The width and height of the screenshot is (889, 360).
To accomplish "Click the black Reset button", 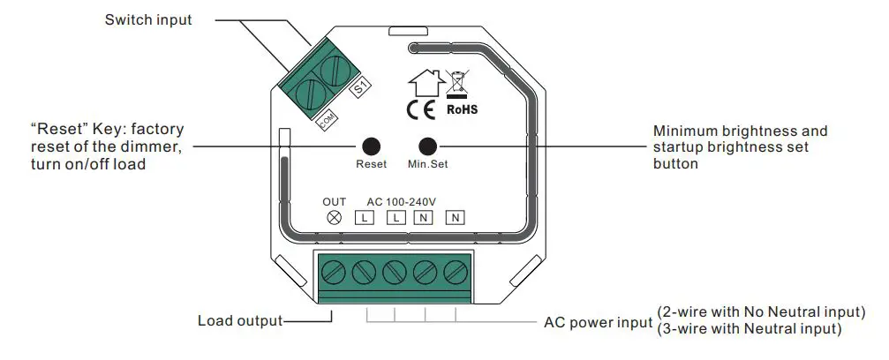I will pos(371,146).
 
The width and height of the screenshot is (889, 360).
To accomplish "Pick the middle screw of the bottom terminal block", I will pos(395,272).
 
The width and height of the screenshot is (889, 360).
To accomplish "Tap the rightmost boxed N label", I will pos(455,217).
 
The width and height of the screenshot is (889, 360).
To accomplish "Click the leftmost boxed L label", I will pos(363,217).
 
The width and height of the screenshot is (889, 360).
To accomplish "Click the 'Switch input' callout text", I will pos(148,19).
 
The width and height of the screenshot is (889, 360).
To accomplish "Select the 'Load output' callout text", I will pos(240,321).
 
